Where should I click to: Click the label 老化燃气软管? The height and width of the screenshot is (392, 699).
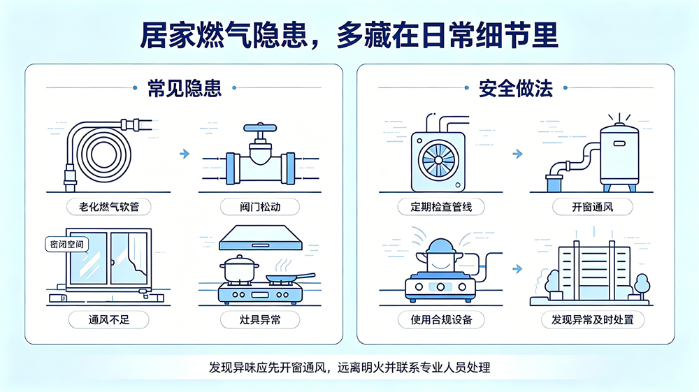[109, 207]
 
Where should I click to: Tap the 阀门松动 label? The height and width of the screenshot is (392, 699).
[260, 207]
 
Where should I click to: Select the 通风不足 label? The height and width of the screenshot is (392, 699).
[109, 320]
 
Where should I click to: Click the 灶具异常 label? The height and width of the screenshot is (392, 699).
[260, 320]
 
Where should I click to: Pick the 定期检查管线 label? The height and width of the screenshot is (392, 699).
[441, 207]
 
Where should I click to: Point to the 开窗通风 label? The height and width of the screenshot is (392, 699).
[593, 207]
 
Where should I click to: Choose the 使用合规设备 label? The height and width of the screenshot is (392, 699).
[441, 320]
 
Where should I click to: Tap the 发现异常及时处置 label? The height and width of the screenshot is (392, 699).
[593, 320]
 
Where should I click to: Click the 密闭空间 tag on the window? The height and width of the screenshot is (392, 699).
[67, 244]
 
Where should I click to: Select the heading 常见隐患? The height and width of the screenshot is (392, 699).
[185, 88]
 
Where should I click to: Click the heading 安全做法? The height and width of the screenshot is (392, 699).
[516, 88]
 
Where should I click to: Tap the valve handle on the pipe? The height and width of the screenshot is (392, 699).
[260, 128]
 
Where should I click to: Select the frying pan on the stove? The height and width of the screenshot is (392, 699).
[290, 278]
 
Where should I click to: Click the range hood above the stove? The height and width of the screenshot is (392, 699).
[260, 238]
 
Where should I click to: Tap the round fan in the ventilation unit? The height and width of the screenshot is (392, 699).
[438, 161]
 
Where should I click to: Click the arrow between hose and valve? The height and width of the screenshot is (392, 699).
[185, 154]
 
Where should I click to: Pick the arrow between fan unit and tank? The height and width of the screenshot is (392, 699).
[517, 154]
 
